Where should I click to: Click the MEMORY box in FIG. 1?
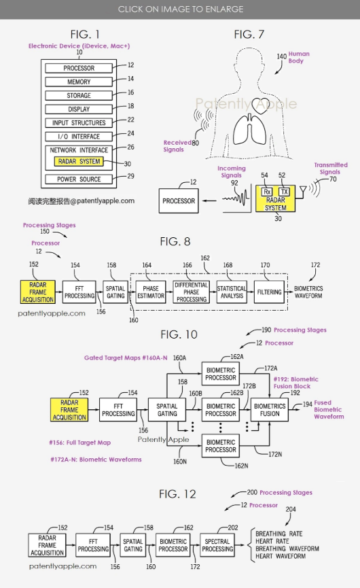click(79, 82)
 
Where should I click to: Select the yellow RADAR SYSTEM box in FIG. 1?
click(79, 162)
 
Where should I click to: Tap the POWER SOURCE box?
click(79, 179)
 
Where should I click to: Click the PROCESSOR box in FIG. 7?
click(179, 201)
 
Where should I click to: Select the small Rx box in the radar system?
click(267, 192)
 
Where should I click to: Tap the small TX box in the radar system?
click(285, 192)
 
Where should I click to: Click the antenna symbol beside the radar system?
click(302, 191)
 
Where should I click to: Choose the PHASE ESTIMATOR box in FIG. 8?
click(151, 292)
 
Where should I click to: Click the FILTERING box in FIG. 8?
click(269, 292)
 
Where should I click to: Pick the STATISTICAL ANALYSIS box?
click(232, 292)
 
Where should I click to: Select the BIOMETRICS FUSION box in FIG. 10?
click(270, 409)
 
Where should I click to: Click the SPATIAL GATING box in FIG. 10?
click(167, 409)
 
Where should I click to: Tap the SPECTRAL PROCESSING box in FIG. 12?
click(217, 545)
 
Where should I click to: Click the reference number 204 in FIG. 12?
click(291, 509)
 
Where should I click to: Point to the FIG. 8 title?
click(175, 241)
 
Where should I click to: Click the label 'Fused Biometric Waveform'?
click(329, 409)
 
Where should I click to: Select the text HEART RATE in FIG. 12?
click(272, 541)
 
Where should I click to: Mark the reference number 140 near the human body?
click(282, 56)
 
